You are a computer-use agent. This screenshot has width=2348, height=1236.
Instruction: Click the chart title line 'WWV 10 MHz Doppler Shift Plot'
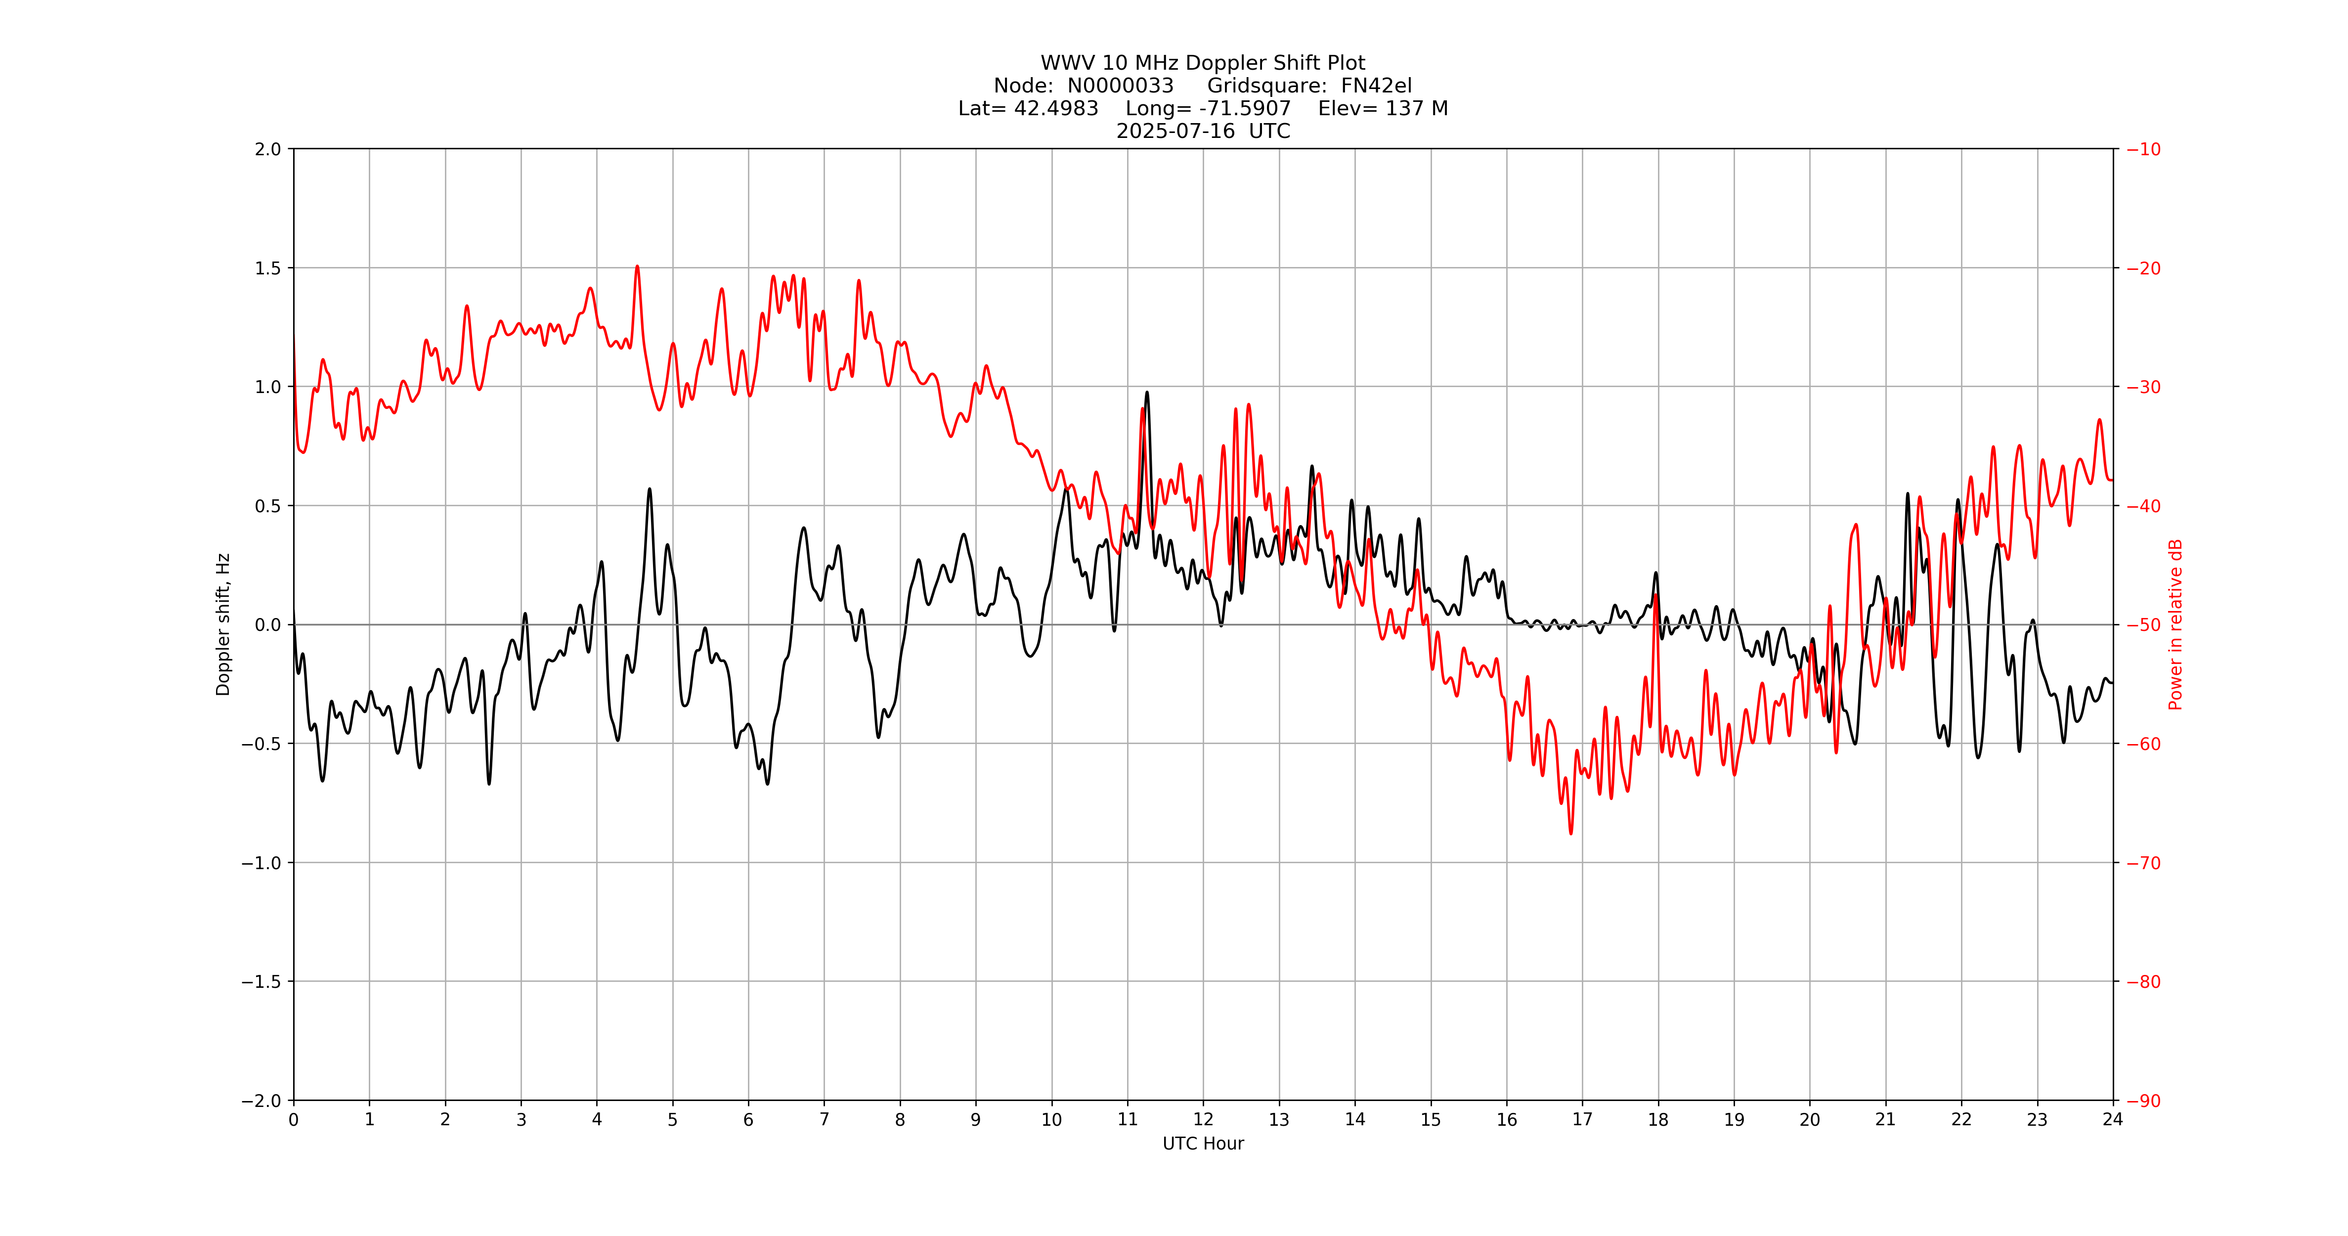click(x=1202, y=63)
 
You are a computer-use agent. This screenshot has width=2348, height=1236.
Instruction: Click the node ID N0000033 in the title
click(x=1120, y=86)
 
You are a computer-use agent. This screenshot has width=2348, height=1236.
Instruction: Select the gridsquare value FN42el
click(x=1376, y=86)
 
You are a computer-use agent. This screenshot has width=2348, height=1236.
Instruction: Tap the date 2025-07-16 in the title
click(x=1175, y=131)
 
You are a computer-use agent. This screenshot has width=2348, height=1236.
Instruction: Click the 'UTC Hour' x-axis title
click(x=1202, y=1144)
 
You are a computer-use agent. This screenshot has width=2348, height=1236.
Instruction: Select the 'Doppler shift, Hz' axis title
click(x=223, y=624)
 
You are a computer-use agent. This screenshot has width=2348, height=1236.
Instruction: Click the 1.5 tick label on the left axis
click(x=268, y=268)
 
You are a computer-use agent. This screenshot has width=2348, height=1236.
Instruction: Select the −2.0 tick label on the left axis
click(x=261, y=1101)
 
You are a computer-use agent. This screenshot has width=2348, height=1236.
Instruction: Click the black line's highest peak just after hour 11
click(x=1147, y=393)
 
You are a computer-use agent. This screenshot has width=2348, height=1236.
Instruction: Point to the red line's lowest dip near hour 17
click(x=1570, y=832)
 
